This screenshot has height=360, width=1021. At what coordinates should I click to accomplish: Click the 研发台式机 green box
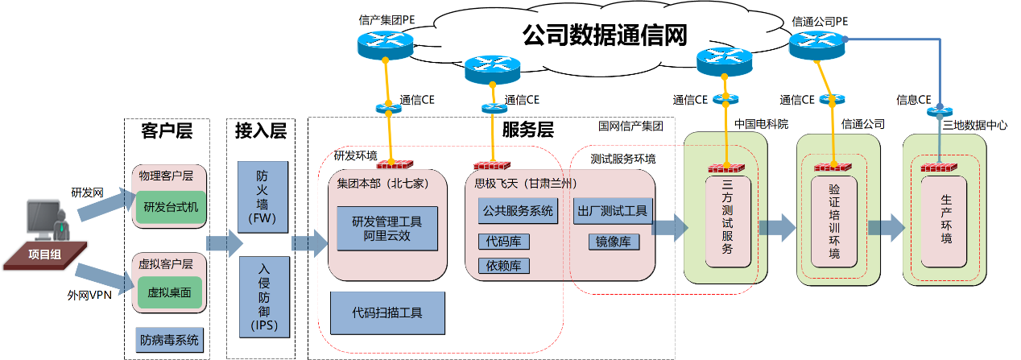171,207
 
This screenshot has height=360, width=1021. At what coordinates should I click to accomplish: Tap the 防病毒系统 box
169,340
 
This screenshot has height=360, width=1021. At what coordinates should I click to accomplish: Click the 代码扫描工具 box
387,312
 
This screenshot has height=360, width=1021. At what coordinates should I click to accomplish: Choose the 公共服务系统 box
518,211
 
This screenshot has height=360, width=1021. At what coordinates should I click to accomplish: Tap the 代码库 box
503,241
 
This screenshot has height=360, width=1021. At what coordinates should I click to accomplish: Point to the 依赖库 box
503,265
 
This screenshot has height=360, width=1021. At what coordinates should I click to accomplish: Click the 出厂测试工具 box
612,211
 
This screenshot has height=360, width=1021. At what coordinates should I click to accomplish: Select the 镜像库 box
612,241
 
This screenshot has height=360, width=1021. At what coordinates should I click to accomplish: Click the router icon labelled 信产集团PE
383,45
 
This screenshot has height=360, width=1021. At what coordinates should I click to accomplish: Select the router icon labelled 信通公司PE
816,45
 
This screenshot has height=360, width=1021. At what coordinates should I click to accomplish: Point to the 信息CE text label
912,100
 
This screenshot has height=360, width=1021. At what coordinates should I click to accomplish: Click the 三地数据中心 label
974,125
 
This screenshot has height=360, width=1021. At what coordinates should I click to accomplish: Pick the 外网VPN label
89,294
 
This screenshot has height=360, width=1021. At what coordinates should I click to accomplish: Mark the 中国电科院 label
762,125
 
